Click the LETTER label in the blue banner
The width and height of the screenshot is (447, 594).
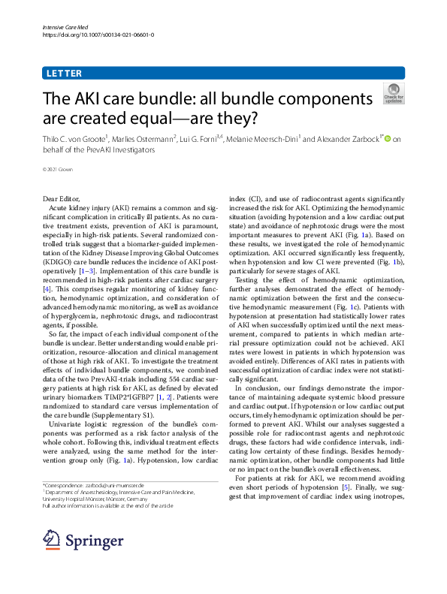pos(64,74)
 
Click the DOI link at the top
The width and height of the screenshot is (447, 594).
pos(98,35)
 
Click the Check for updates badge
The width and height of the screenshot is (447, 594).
pos(394,92)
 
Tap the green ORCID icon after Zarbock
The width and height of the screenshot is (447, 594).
pos(388,138)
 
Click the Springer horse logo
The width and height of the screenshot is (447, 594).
pos(51,539)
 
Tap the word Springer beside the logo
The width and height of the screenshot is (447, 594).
pos(94,540)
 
